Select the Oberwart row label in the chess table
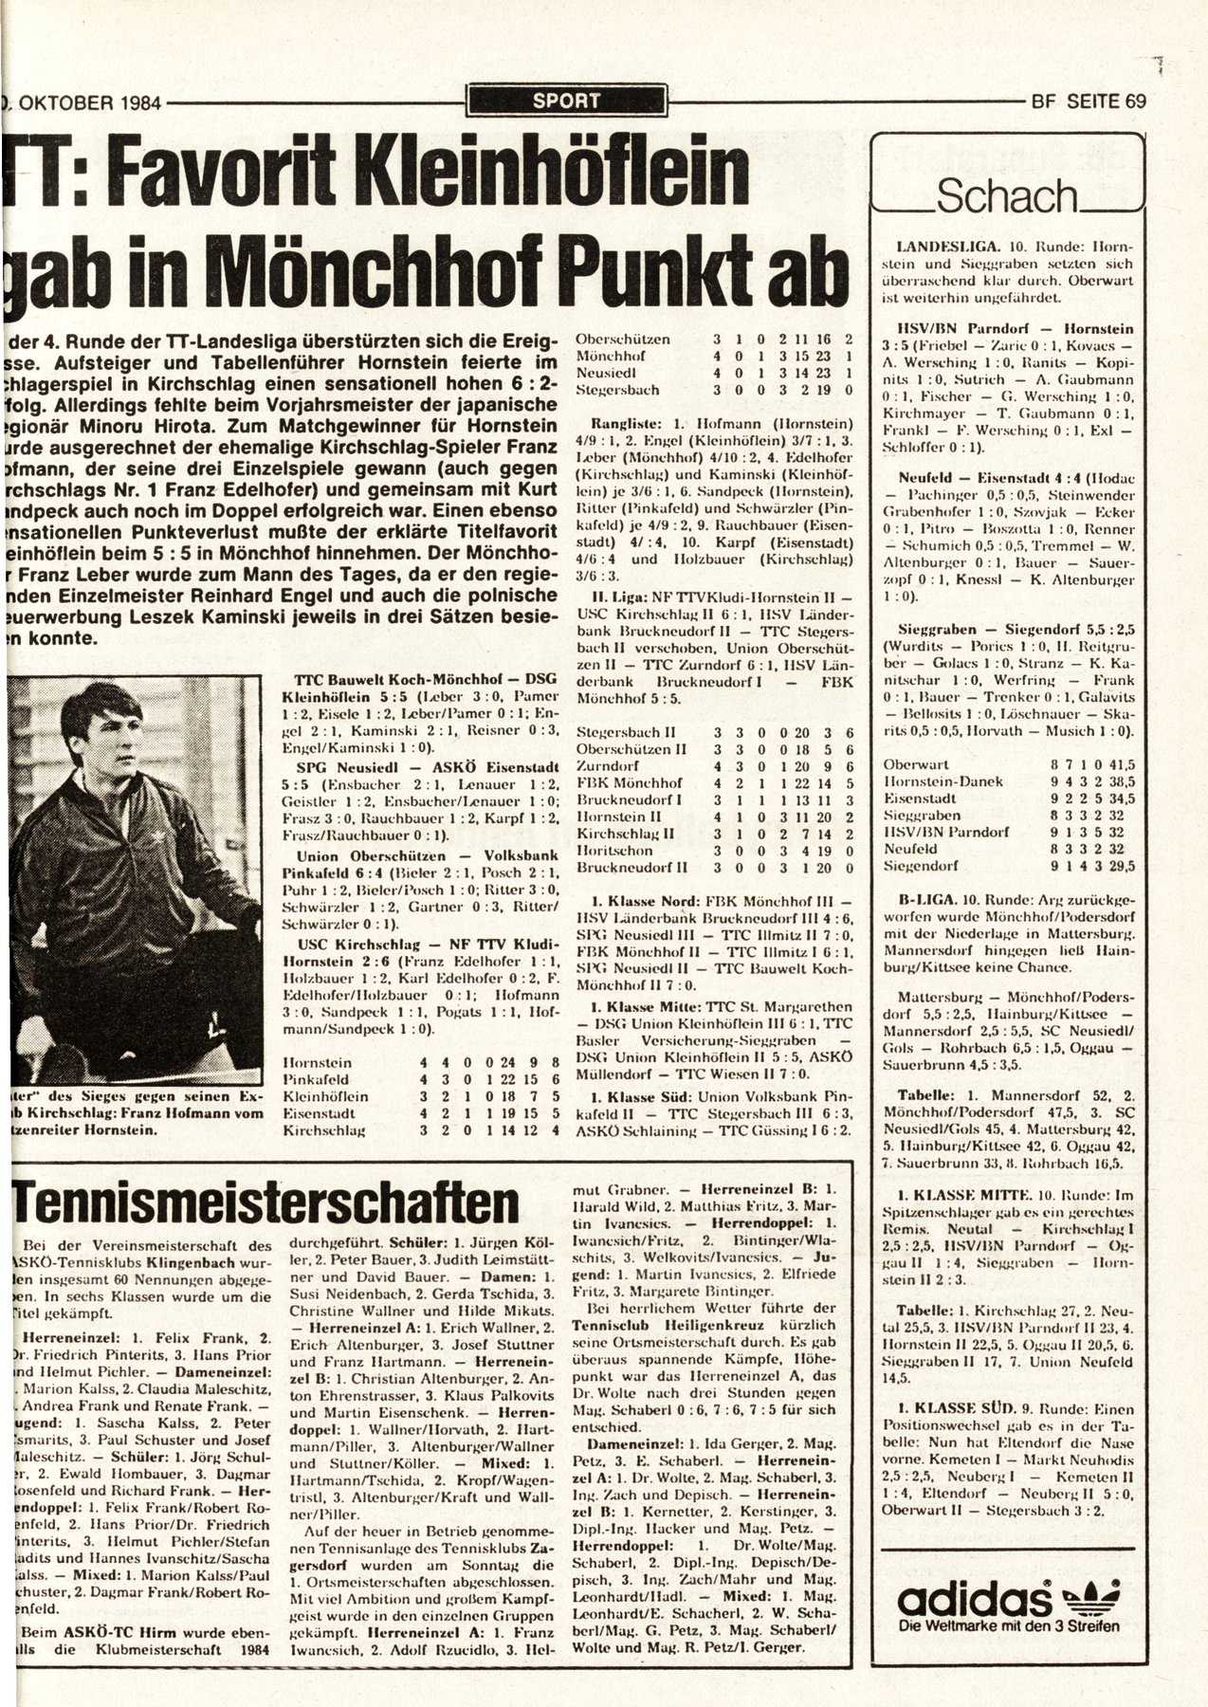click(x=912, y=763)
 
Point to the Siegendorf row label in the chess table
click(x=917, y=866)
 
